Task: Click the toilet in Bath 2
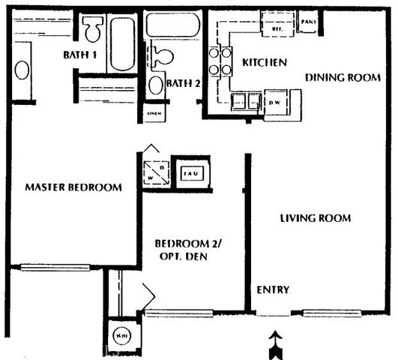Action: coord(158,56)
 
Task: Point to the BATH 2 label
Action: coord(184,83)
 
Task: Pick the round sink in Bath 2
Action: coord(155,84)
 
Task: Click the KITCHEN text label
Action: coord(263,63)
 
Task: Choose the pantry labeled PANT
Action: coord(307,23)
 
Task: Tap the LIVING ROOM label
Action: coord(316,218)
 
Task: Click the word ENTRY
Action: coord(274,290)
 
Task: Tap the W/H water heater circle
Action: coord(121,336)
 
